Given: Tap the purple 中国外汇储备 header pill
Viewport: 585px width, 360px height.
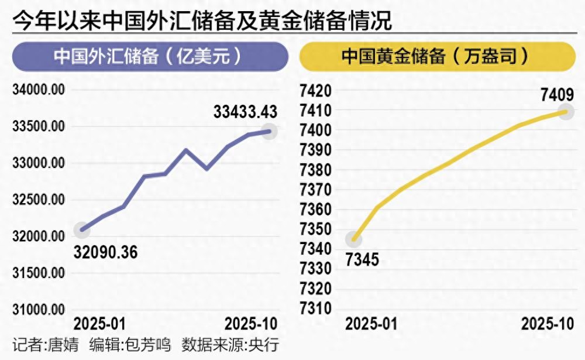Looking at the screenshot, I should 150,57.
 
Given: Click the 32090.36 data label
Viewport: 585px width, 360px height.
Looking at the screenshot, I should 105,252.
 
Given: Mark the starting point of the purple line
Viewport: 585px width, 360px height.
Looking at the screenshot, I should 82,230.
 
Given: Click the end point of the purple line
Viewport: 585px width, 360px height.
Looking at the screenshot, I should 269,131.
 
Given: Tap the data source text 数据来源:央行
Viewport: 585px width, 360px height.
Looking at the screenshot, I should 229,345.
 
